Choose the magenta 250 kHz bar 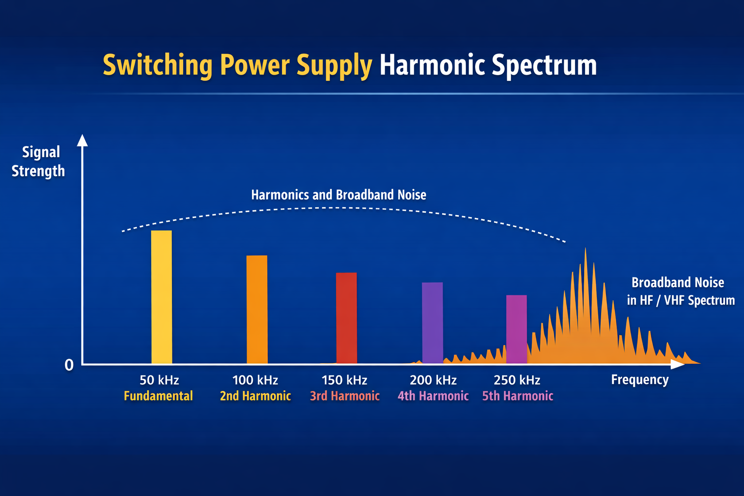pos(516,329)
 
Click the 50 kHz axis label pos(159,380)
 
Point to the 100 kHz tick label pos(255,380)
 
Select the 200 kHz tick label pos(433,380)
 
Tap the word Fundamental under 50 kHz pos(158,396)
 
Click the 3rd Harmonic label pos(345,396)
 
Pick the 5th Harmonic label pos(518,396)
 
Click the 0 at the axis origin pos(69,365)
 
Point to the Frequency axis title pos(639,380)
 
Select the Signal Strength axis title pos(39,161)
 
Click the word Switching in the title pos(157,65)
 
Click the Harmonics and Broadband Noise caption pos(339,195)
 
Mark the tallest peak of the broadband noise pos(586,250)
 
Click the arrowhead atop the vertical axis pos(82,140)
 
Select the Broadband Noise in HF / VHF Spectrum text pos(680,291)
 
